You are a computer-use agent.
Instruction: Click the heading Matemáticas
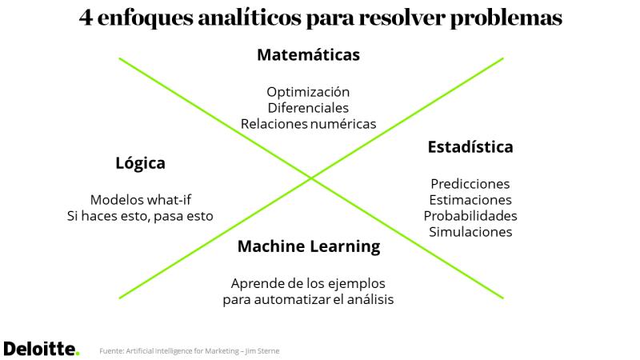click(308, 54)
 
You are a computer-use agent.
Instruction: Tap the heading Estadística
click(470, 147)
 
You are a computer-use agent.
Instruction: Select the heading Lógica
click(141, 163)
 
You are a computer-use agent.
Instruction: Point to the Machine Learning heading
click(309, 246)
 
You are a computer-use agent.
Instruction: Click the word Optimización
click(308, 92)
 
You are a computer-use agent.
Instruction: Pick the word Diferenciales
click(308, 108)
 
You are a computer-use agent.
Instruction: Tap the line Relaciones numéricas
click(308, 124)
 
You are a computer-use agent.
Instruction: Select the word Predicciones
click(470, 184)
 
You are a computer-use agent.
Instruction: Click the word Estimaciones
click(470, 199)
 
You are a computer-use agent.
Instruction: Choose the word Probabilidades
click(470, 215)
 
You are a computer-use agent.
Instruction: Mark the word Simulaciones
click(470, 232)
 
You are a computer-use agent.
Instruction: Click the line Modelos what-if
click(141, 199)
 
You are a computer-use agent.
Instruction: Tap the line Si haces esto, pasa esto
click(140, 216)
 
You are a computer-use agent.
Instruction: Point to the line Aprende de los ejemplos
click(308, 283)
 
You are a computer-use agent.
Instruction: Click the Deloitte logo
click(42, 349)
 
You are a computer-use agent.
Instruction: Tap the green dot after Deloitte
click(78, 354)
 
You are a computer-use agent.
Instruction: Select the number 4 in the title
click(86, 18)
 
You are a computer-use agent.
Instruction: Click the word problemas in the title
click(506, 18)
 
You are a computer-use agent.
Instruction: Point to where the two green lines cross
click(311, 178)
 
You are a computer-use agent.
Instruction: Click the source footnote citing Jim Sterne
click(190, 350)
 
